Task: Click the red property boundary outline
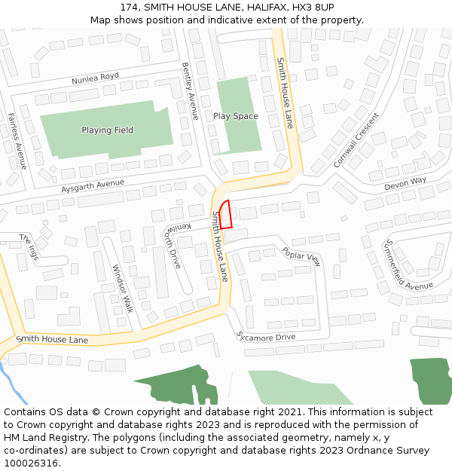point(225,215)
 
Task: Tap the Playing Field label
point(107,130)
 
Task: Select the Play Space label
point(235,116)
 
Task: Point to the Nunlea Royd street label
point(96,78)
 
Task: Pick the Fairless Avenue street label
point(17,139)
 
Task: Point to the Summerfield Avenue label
point(408,265)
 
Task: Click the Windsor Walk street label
point(122,288)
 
